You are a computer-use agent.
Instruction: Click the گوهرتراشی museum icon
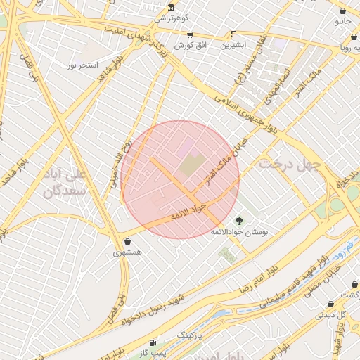[171, 8]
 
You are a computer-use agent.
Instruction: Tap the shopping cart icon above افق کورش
[189, 34]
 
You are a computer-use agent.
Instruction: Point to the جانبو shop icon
[342, 11]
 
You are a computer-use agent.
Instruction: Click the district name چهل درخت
[288, 164]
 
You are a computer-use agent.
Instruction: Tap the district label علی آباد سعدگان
[65, 181]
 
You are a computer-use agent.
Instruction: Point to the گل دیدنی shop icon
[330, 304]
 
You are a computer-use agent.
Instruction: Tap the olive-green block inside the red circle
[191, 165]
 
